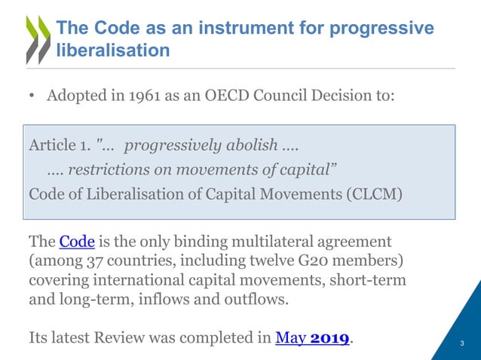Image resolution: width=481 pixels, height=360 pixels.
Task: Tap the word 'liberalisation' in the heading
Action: point(113,51)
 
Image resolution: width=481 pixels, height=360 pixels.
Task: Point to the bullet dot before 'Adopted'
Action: point(32,97)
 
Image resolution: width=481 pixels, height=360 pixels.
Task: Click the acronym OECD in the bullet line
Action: point(230,97)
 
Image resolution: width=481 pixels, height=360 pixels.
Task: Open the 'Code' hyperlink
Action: point(76,243)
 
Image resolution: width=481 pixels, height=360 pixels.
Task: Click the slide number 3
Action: point(461,344)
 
